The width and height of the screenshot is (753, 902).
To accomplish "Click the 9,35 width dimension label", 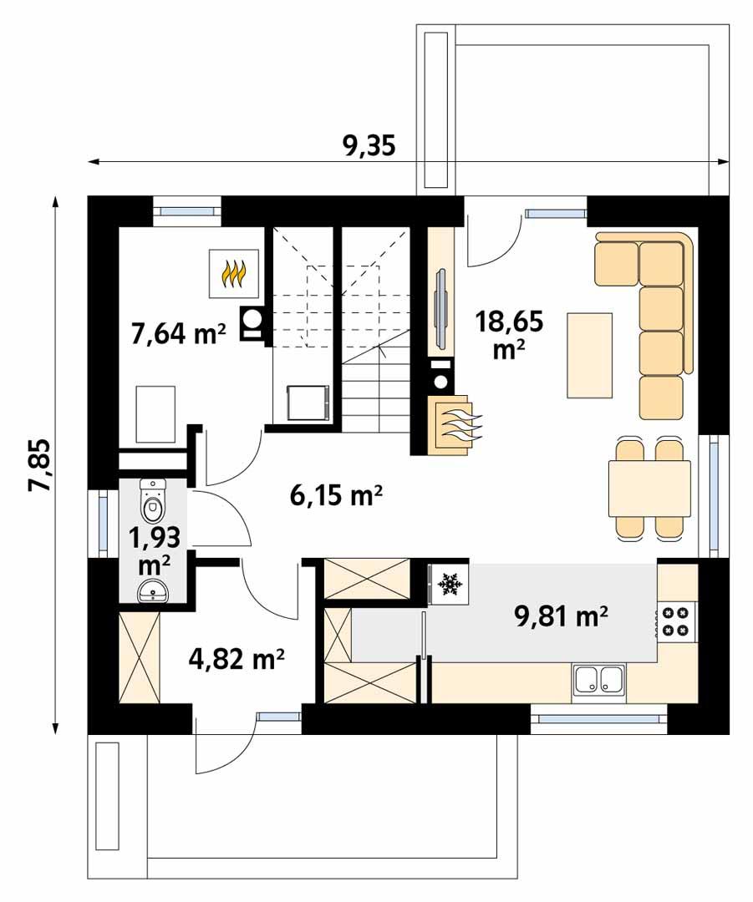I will (x=369, y=145).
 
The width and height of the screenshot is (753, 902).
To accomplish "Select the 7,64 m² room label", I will (x=178, y=333).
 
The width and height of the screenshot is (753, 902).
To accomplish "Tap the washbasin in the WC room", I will (x=153, y=591).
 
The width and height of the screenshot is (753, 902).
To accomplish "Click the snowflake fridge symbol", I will (x=451, y=584).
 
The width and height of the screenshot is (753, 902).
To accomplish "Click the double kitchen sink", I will (x=598, y=681).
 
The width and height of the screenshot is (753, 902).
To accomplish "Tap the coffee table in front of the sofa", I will (x=589, y=354).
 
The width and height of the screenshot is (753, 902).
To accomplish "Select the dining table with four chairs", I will (x=649, y=489).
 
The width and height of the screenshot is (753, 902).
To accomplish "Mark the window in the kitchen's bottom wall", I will (x=598, y=717).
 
